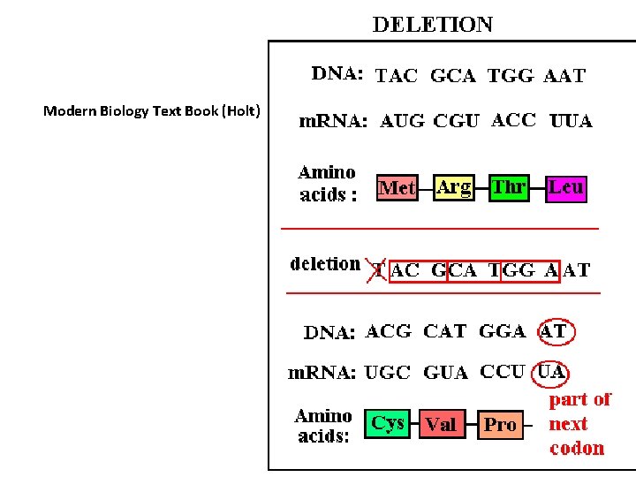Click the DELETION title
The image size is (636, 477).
[433, 24]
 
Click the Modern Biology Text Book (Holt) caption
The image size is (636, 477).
[152, 110]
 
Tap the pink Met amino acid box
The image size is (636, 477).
[397, 187]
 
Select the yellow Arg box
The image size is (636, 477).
[453, 187]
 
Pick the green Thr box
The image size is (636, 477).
[510, 187]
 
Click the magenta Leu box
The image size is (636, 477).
[565, 187]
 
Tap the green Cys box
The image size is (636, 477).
[388, 423]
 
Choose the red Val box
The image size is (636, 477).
[442, 425]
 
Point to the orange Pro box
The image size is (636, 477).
[500, 425]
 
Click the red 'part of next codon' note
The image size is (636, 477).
[579, 424]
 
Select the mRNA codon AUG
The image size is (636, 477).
[402, 122]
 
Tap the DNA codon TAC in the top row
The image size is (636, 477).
[397, 76]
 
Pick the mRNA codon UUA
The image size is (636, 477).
[571, 121]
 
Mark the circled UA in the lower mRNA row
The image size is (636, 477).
[552, 372]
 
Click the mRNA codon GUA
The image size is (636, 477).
[446, 373]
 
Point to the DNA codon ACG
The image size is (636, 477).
[389, 332]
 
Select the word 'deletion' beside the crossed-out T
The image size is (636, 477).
[325, 263]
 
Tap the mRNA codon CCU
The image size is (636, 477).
[503, 372]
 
